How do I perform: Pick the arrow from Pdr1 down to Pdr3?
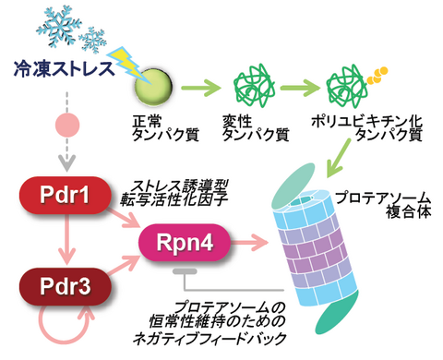click(x=63, y=243)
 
